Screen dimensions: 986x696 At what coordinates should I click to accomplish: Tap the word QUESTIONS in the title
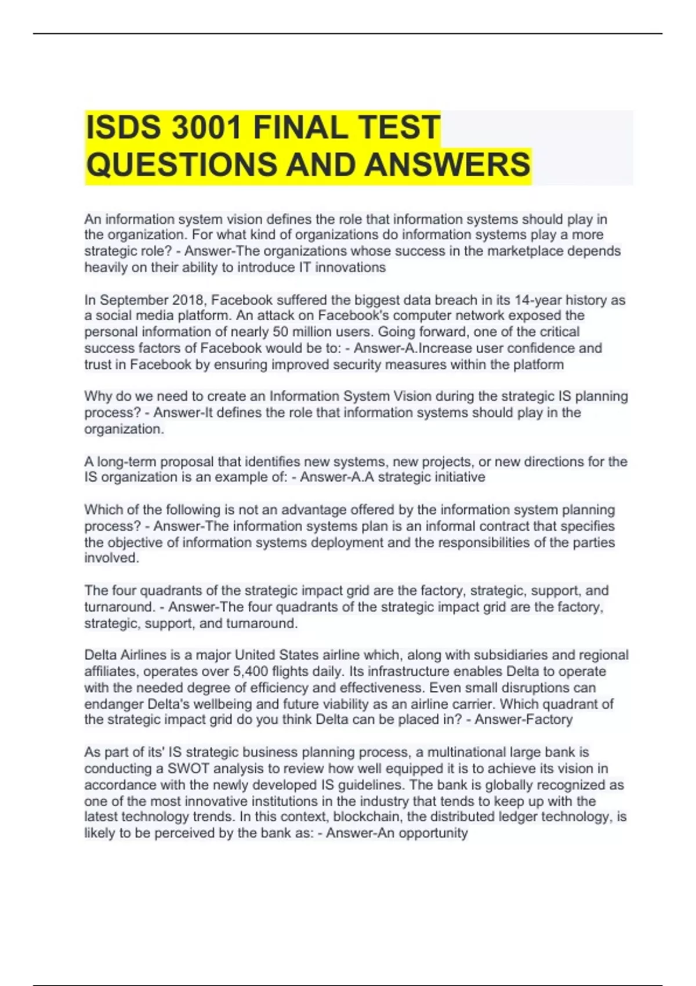[181, 164]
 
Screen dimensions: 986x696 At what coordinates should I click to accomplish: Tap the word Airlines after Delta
[143, 655]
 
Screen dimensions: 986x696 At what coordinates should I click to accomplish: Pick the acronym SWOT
[186, 768]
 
